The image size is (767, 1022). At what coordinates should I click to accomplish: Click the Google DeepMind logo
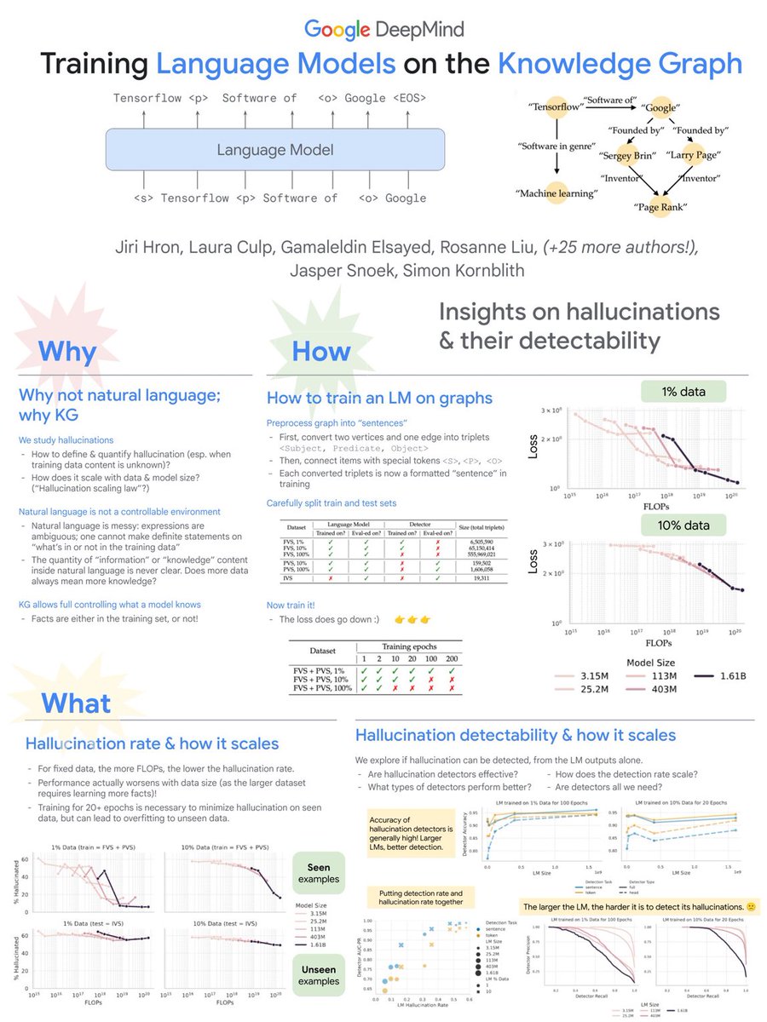[x=383, y=30]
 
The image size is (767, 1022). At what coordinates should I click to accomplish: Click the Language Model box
[x=274, y=151]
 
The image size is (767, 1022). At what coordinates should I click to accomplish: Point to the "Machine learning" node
[x=545, y=194]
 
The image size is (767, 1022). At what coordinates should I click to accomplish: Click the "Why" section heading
[x=67, y=351]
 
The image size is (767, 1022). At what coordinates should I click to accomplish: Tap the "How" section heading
[x=321, y=352]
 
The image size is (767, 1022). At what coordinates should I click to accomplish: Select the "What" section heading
[x=76, y=703]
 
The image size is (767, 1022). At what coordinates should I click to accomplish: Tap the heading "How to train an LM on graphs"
[x=379, y=398]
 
